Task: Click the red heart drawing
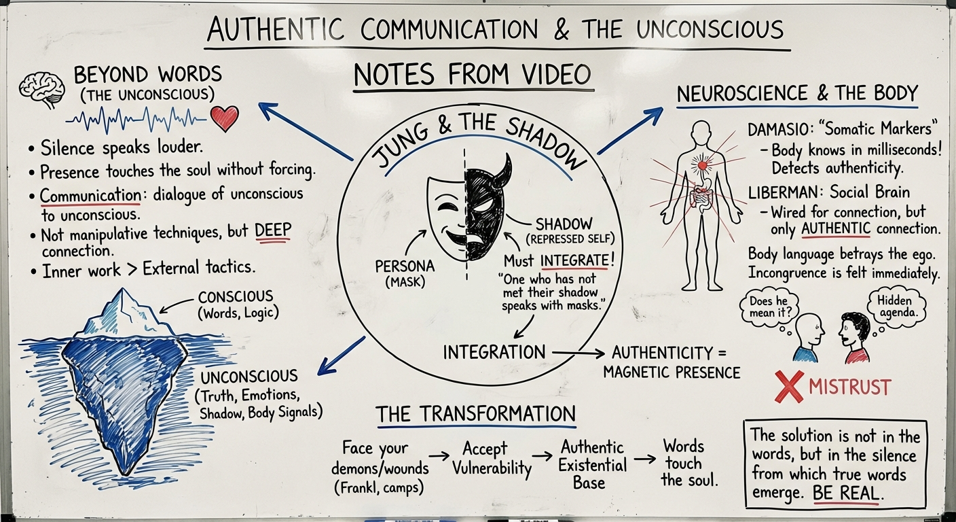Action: pos(225,119)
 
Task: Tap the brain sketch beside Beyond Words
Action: pos(41,90)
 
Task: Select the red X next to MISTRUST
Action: pos(788,387)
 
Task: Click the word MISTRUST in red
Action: pos(849,387)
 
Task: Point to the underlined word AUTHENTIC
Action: pos(836,229)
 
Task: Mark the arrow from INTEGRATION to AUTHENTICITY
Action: pos(578,353)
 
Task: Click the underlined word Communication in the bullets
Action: pos(90,196)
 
